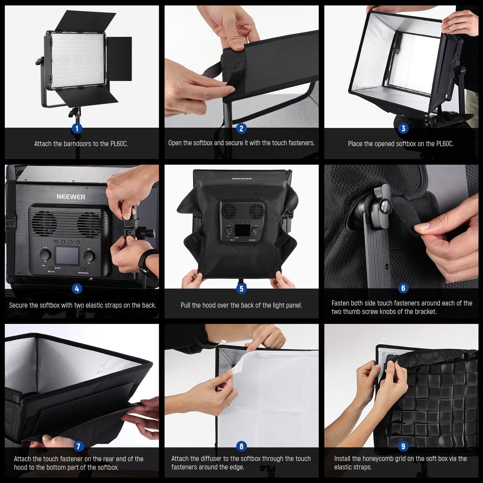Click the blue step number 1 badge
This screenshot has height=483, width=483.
tap(77, 128)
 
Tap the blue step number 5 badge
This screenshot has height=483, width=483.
tap(241, 288)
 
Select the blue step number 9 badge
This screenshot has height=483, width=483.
tap(403, 446)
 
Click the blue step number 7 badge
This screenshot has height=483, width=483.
tap(78, 446)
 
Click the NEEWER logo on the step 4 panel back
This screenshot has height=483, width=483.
tap(71, 197)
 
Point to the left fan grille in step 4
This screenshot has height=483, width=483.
tap(44, 224)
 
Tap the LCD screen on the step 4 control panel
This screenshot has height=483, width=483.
tap(67, 255)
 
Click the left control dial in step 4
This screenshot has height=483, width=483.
tap(45, 254)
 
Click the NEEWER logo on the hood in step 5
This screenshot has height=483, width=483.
tap(242, 179)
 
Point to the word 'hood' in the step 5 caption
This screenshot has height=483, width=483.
tap(209, 305)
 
